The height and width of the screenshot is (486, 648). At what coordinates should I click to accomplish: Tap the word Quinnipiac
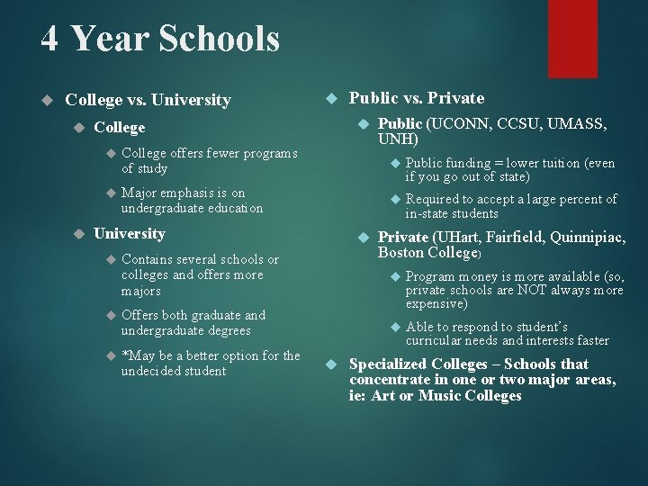tap(582, 238)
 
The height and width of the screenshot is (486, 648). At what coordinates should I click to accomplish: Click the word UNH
tap(396, 139)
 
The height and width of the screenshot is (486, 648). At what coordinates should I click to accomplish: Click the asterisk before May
tap(125, 356)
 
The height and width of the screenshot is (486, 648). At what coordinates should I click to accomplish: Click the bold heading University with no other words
tap(130, 234)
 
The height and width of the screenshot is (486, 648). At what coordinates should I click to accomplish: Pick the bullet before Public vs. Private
tap(329, 98)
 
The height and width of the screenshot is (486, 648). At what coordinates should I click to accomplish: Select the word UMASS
tap(576, 124)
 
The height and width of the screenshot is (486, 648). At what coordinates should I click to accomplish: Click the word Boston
tap(400, 253)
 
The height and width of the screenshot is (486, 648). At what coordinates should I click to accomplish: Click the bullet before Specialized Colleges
tap(329, 364)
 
